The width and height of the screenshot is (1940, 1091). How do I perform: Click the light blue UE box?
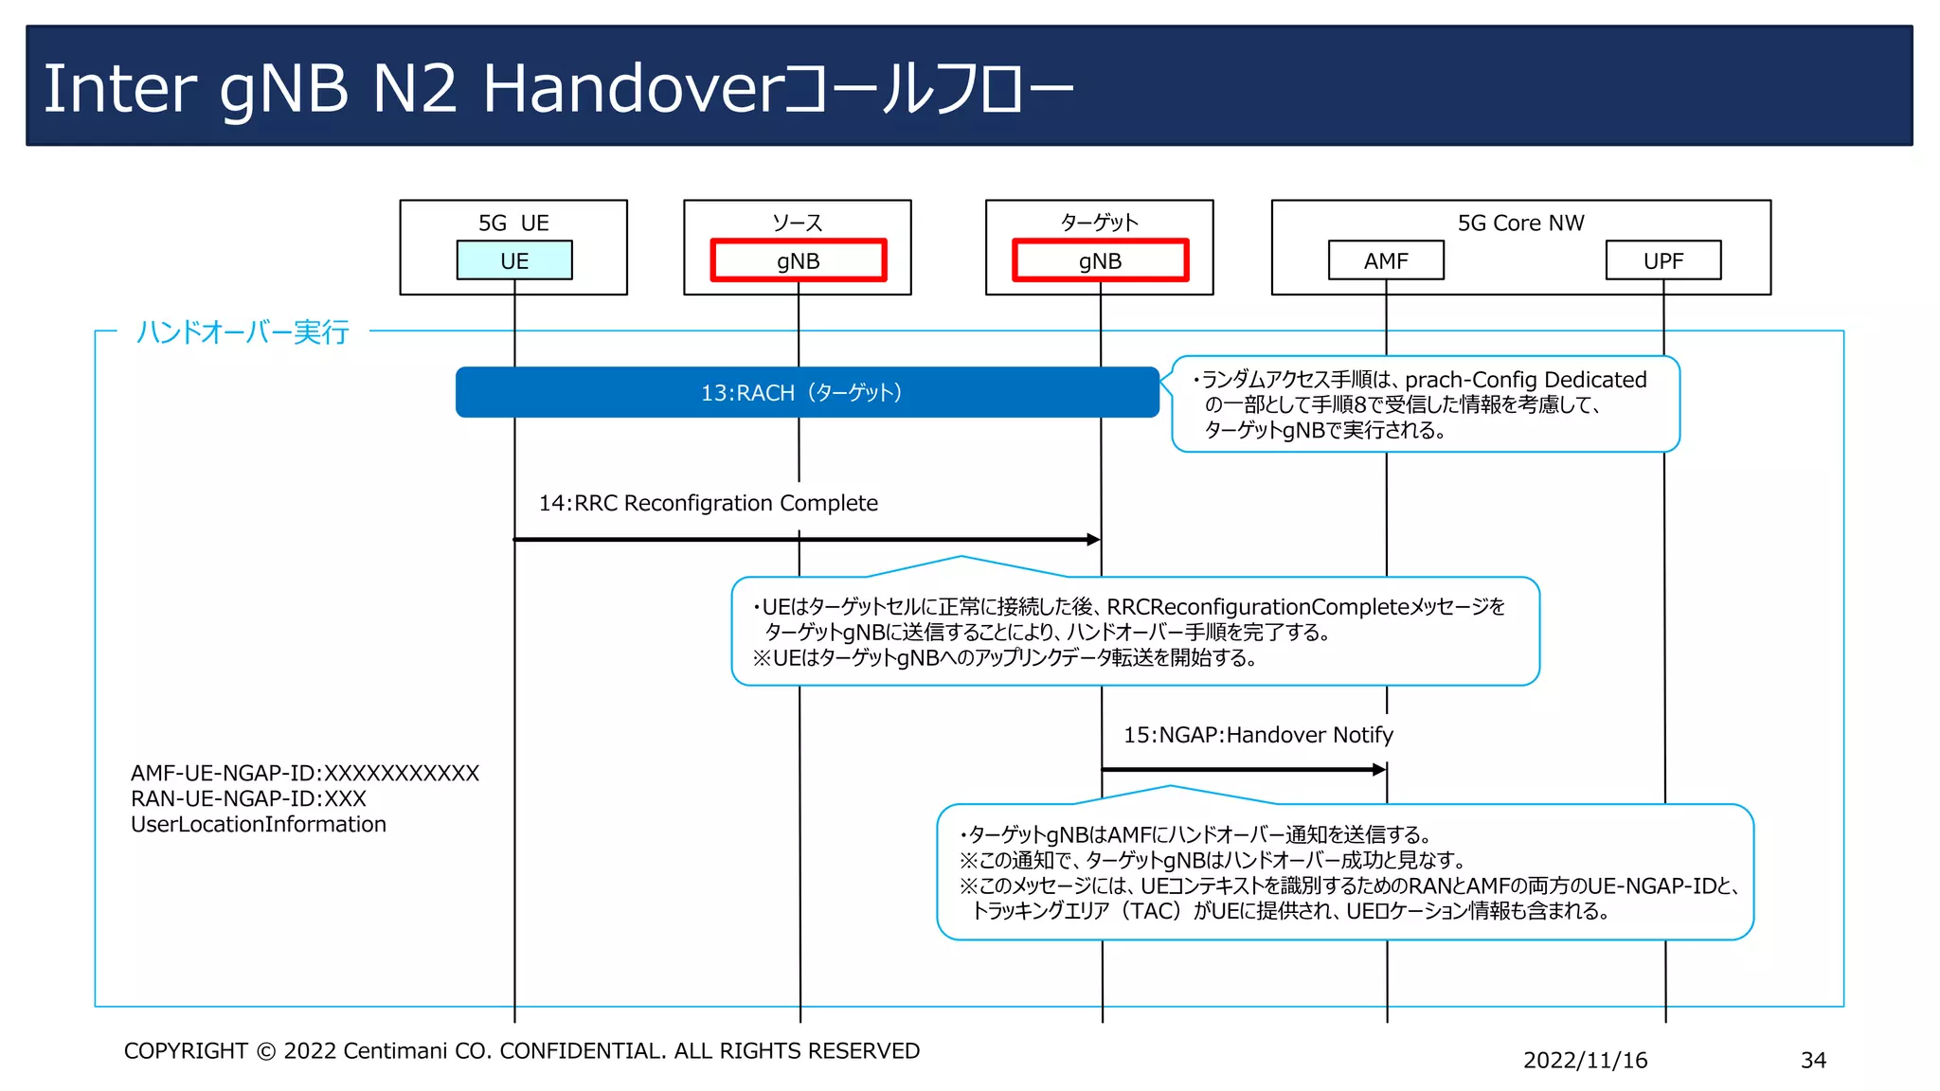coord(514,260)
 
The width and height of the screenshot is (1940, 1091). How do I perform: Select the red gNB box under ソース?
coord(799,260)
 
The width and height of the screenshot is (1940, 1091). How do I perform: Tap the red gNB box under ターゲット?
coord(1100,260)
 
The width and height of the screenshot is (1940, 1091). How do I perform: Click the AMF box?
coord(1386,260)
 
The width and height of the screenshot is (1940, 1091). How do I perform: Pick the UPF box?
coord(1663,260)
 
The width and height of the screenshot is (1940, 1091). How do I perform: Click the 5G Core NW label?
coord(1520,223)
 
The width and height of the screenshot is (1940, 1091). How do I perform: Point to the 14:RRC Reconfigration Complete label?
coord(708,503)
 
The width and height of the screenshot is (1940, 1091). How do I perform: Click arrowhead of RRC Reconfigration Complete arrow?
coord(1093,540)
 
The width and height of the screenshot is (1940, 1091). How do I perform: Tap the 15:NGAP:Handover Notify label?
coord(1258,735)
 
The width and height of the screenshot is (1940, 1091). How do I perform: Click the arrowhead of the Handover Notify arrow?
coord(1379,770)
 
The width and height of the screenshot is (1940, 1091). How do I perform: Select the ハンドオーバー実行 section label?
coord(242,331)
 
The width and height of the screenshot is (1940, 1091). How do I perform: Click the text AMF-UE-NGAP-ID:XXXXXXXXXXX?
coord(305,773)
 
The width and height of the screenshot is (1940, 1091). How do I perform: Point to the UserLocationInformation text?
coord(259,824)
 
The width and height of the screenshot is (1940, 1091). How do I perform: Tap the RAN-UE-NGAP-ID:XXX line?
coord(248,798)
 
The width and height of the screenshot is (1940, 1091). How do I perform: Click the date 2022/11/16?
coord(1585,1060)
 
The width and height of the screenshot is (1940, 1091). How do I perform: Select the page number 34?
coord(1813,1060)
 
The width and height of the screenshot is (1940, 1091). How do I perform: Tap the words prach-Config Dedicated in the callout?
coord(1525,380)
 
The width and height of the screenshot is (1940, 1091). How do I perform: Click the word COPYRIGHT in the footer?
coord(186,1051)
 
